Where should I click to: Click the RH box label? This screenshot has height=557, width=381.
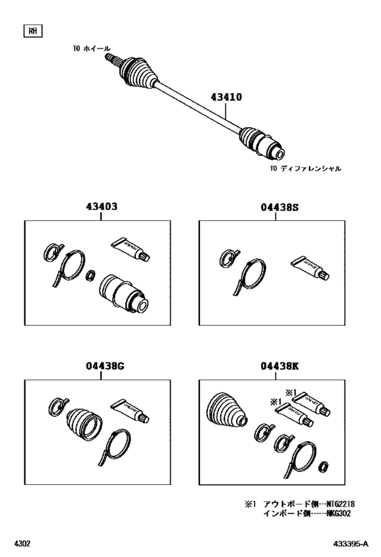(x=31, y=31)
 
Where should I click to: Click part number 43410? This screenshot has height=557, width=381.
(x=225, y=98)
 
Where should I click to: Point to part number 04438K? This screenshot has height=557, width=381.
(x=279, y=367)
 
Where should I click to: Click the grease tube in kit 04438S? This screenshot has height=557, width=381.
(x=311, y=267)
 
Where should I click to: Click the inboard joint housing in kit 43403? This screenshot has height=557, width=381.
(x=124, y=294)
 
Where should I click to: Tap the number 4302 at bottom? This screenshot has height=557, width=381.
(x=22, y=544)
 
